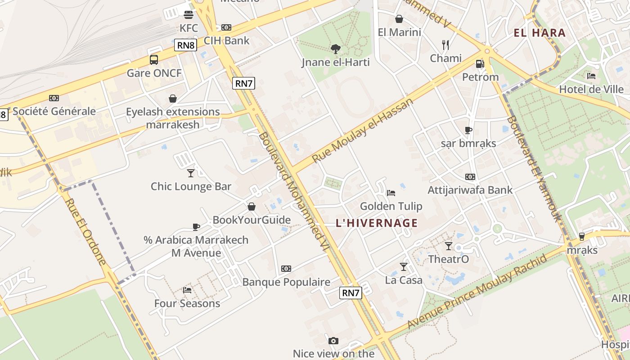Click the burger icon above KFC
[189, 14]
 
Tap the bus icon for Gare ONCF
[154, 59]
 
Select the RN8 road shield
[186, 45]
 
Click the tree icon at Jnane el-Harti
[335, 49]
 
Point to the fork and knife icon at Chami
[445, 45]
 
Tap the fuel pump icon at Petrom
[480, 64]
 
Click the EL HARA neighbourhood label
[540, 32]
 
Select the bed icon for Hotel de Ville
[591, 76]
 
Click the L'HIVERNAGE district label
[377, 223]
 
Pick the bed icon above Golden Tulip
[391, 193]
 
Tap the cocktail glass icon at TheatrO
[449, 246]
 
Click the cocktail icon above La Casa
[404, 267]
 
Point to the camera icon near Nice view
[333, 341]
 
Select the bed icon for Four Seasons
[187, 290]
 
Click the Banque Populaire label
[286, 282]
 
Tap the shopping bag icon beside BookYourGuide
[252, 207]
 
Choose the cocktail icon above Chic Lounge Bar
[191, 173]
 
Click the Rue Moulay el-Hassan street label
[363, 131]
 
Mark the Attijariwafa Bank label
[470, 190]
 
